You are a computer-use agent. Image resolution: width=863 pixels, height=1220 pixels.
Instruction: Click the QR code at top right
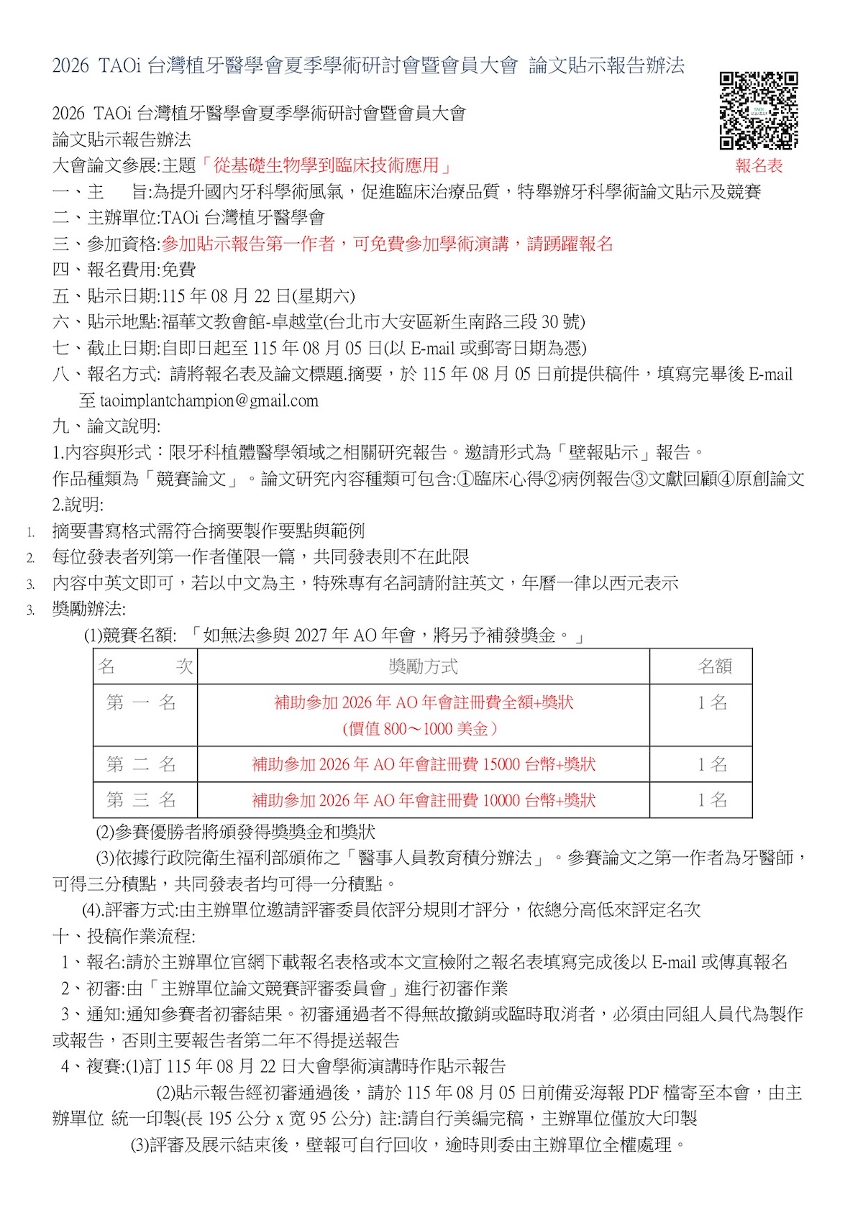point(759,110)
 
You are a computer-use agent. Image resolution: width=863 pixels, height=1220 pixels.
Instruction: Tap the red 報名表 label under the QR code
point(759,166)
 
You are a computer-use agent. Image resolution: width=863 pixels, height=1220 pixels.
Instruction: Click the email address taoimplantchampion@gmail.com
point(209,401)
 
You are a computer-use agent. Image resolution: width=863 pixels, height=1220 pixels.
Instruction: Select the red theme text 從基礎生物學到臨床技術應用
point(326,165)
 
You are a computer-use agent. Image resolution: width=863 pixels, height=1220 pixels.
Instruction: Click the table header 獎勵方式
point(423,666)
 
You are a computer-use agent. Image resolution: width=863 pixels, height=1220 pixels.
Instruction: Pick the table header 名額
point(714,666)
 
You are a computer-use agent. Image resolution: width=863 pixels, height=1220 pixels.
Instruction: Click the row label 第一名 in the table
point(142,702)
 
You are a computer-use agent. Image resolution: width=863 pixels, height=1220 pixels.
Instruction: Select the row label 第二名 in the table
point(142,764)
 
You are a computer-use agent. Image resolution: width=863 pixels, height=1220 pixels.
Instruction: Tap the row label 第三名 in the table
point(142,799)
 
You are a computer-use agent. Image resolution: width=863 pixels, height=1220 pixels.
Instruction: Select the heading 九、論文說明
point(106,426)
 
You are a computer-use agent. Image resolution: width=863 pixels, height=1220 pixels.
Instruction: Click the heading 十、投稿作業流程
point(124,936)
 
